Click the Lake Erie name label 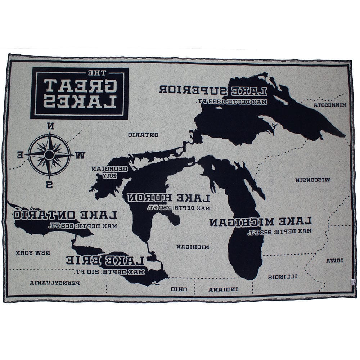click(105, 260)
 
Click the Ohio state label click(179, 289)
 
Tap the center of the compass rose click(49, 155)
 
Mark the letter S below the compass click(49, 185)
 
